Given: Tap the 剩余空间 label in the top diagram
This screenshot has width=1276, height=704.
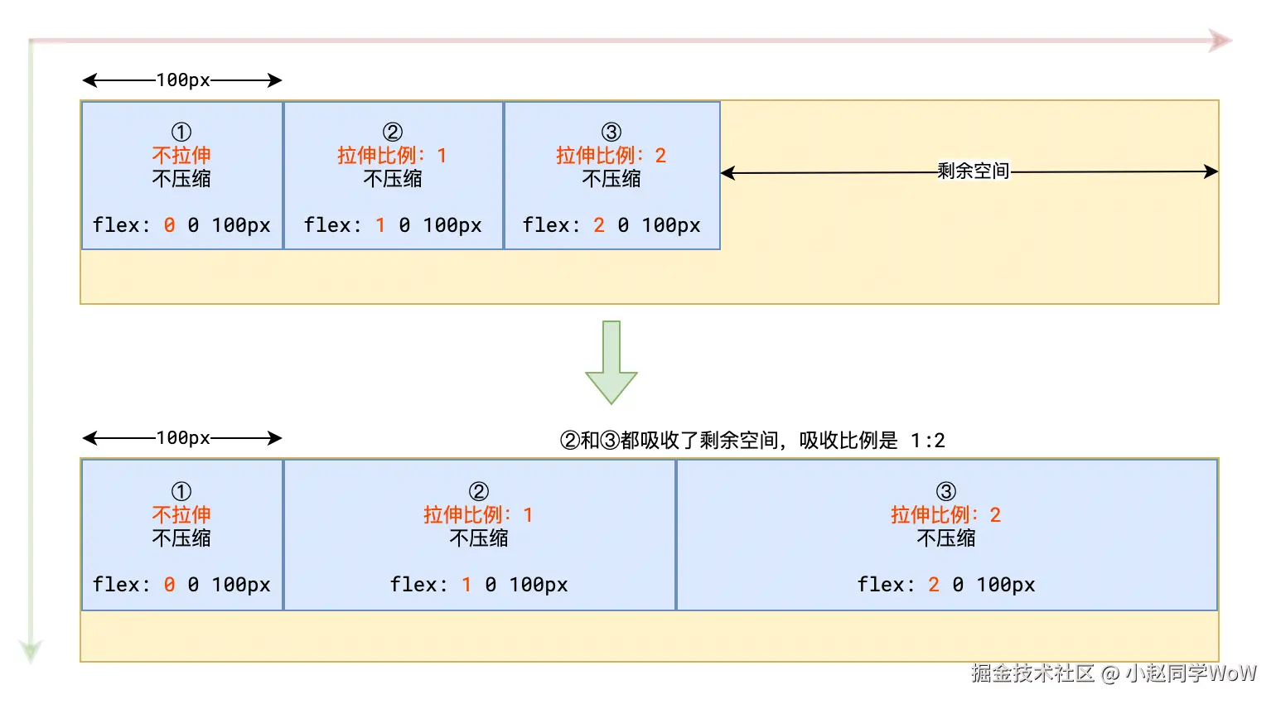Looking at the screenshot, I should click(x=973, y=171).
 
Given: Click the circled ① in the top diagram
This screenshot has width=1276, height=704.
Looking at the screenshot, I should click(x=181, y=132).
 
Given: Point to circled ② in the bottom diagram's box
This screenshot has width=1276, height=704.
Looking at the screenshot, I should click(x=479, y=491).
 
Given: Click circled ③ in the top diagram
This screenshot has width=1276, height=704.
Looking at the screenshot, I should click(x=611, y=132).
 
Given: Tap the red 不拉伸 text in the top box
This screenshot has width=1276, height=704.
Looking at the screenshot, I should click(x=181, y=155).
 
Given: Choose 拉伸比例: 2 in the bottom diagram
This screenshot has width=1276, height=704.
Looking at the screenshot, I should click(x=945, y=515).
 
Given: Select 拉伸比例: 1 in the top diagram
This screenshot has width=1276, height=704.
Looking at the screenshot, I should click(x=392, y=156).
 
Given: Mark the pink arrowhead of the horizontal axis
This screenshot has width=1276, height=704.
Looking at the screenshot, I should click(x=1220, y=41).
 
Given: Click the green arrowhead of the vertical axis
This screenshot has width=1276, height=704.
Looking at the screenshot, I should click(x=31, y=651).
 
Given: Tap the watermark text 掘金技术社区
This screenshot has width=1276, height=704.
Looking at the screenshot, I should click(x=1032, y=673).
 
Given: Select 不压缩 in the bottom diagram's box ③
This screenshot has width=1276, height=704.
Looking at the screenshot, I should click(x=945, y=538).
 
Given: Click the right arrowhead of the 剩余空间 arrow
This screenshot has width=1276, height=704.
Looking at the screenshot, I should click(x=1211, y=171).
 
